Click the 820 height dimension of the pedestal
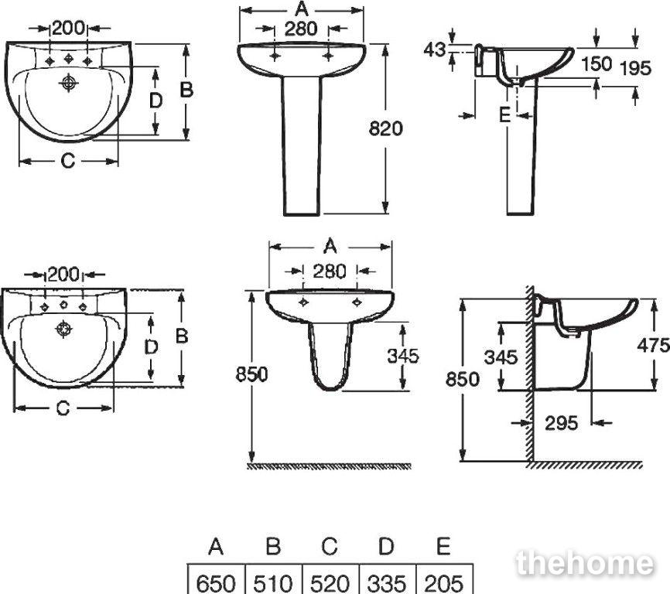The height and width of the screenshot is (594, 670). [x=385, y=128]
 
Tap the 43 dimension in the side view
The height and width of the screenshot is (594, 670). [x=435, y=50]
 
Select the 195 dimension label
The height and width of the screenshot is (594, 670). [x=635, y=68]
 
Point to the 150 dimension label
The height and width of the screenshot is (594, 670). [x=597, y=64]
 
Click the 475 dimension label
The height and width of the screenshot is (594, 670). [x=653, y=345]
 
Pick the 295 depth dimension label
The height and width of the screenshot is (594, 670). [x=561, y=423]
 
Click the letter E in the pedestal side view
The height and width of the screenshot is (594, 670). [x=505, y=115]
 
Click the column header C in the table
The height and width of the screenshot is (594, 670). [x=330, y=546]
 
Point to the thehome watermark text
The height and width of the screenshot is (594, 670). [x=585, y=563]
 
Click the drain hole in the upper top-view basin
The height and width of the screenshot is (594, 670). [x=68, y=82]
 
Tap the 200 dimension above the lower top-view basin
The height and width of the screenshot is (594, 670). [x=63, y=275]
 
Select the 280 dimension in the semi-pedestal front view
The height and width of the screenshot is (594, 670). [x=329, y=271]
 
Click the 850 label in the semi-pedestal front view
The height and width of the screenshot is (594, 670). [x=251, y=374]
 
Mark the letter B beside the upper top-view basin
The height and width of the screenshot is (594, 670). [x=186, y=90]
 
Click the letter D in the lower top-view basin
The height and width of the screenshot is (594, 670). [x=152, y=347]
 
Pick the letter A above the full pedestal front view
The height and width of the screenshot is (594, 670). [x=302, y=9]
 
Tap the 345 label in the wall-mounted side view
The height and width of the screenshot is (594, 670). [x=501, y=357]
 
